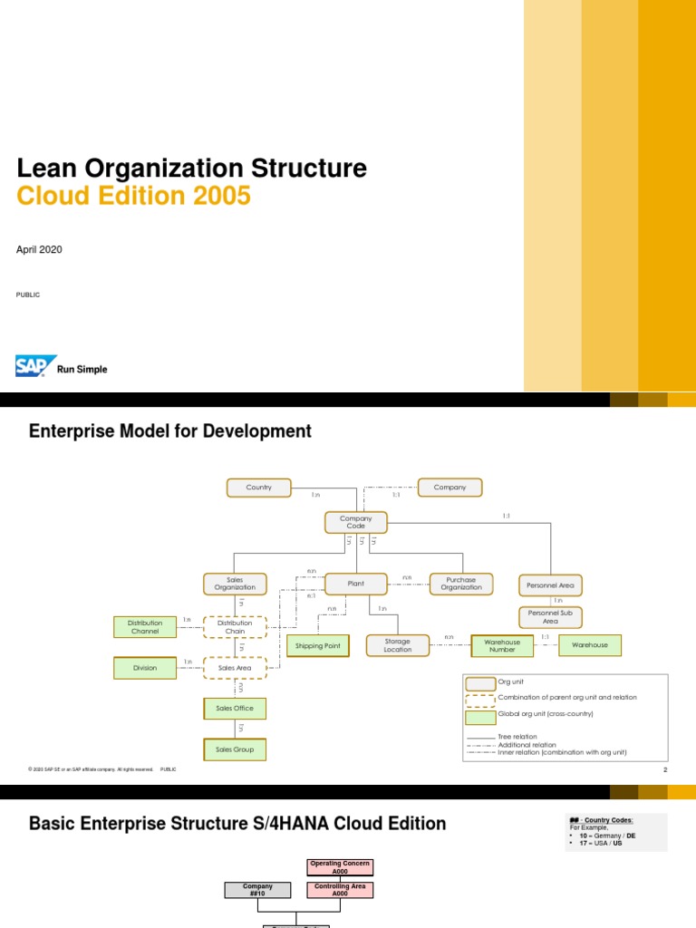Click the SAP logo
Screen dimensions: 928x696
click(x=36, y=365)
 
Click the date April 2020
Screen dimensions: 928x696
click(x=39, y=249)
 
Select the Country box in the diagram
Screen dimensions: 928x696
click(x=258, y=488)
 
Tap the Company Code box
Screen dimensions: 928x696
click(x=355, y=522)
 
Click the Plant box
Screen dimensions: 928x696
click(x=355, y=584)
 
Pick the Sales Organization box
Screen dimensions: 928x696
click(x=235, y=584)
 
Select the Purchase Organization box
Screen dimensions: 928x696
click(x=461, y=584)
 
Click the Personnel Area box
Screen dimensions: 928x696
click(x=550, y=585)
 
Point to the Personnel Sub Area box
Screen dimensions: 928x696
click(x=550, y=617)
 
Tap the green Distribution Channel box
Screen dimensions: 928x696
click(x=144, y=626)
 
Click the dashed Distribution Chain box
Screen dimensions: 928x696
click(x=235, y=626)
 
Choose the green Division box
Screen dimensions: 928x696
click(x=144, y=668)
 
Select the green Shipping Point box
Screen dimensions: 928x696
click(x=318, y=646)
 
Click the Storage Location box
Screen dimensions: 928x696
click(x=397, y=645)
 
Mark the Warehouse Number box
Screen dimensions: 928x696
click(x=502, y=645)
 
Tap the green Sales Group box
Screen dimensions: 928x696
click(x=235, y=749)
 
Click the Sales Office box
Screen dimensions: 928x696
click(x=235, y=708)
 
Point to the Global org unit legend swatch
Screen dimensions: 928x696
click(x=479, y=716)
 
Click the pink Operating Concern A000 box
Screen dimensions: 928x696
click(x=340, y=867)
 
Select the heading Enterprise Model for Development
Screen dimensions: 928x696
click(x=170, y=431)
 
